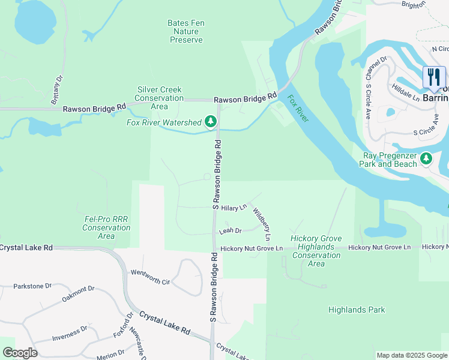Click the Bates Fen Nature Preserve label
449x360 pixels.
pyautogui.click(x=186, y=31)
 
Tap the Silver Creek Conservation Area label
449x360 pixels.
pyautogui.click(x=159, y=98)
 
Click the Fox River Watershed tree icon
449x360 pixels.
pyautogui.click(x=210, y=122)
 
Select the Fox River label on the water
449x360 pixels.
pyautogui.click(x=298, y=109)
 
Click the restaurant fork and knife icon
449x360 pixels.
pyautogui.click(x=434, y=77)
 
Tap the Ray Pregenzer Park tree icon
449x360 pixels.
pyautogui.click(x=426, y=159)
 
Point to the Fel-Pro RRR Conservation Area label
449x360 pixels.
pyautogui.click(x=106, y=228)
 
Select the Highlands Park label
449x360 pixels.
pyautogui.click(x=357, y=310)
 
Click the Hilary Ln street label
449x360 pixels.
pyautogui.click(x=234, y=208)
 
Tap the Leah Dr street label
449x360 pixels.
pyautogui.click(x=231, y=230)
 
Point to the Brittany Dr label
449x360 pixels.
pyautogui.click(x=59, y=86)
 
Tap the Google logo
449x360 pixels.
pyautogui.click(x=20, y=353)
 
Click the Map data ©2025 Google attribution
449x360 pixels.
pyautogui.click(x=412, y=355)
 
